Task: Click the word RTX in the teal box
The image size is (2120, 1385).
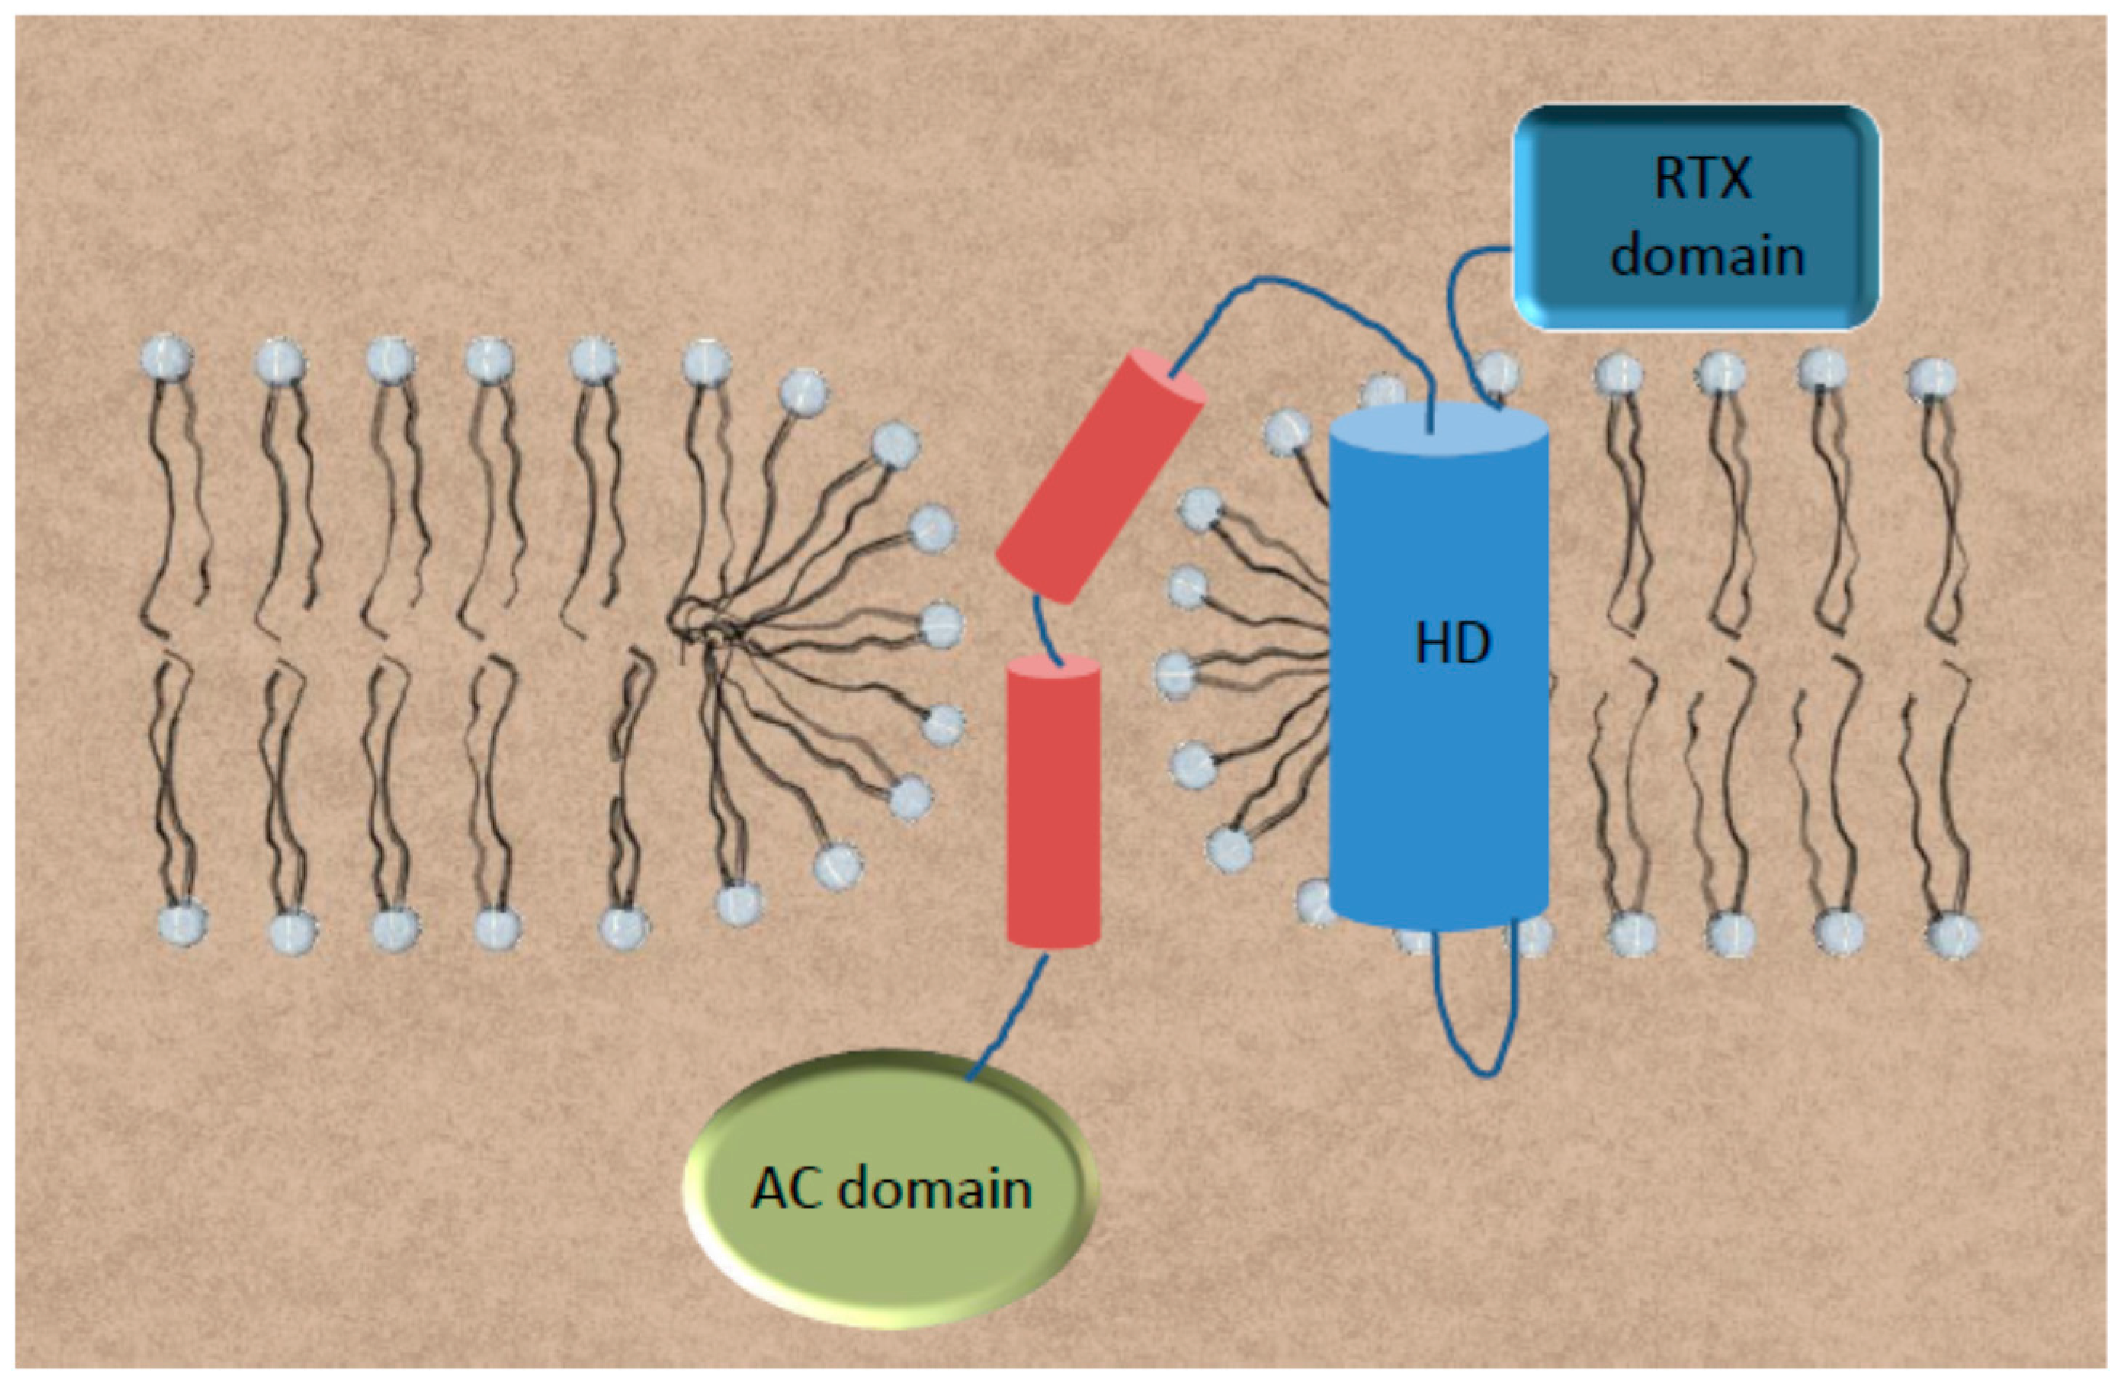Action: tap(1702, 178)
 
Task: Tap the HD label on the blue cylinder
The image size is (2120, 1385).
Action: tap(1452, 644)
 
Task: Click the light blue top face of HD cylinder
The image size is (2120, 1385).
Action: tap(1438, 426)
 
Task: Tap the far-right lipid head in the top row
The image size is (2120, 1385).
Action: tap(1931, 379)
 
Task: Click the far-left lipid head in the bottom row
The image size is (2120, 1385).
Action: tap(182, 924)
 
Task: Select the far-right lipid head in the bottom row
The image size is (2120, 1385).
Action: tap(1953, 936)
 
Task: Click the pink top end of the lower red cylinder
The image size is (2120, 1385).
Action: tap(1053, 668)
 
